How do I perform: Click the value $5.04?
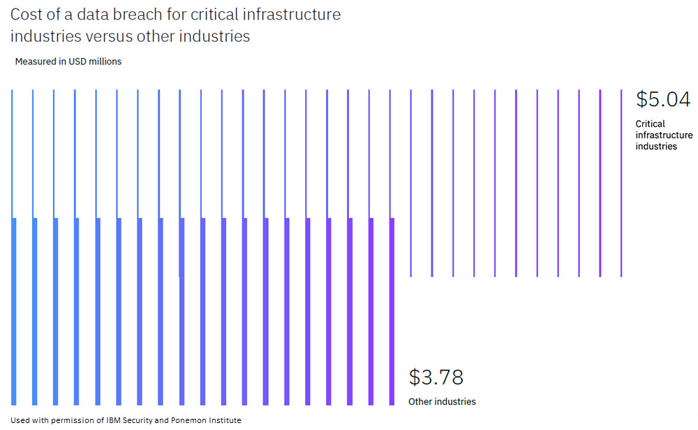coord(662,100)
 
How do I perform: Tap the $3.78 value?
coord(436,378)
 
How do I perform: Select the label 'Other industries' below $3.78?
coord(442,401)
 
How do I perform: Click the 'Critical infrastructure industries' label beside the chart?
coord(664,135)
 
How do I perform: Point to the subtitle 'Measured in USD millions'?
coord(68,61)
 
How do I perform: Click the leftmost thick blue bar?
coord(13,311)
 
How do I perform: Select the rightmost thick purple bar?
coord(392,311)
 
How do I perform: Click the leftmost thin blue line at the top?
coord(12,154)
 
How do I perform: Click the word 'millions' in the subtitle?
coord(105,61)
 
